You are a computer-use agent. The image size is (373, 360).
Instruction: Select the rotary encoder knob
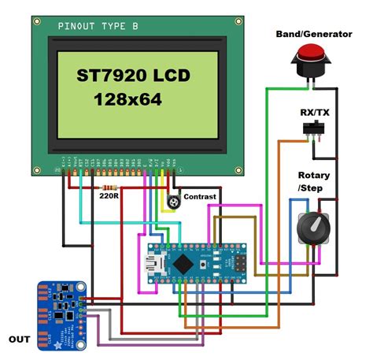[x=312, y=229]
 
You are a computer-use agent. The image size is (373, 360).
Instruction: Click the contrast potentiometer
[x=173, y=203]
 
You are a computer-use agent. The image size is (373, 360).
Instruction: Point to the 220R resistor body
[x=108, y=188]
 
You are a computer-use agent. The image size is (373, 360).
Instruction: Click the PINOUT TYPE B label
[x=98, y=27]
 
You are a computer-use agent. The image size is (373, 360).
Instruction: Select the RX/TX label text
[x=316, y=111]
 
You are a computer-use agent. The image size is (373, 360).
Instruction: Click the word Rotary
[x=314, y=175]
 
